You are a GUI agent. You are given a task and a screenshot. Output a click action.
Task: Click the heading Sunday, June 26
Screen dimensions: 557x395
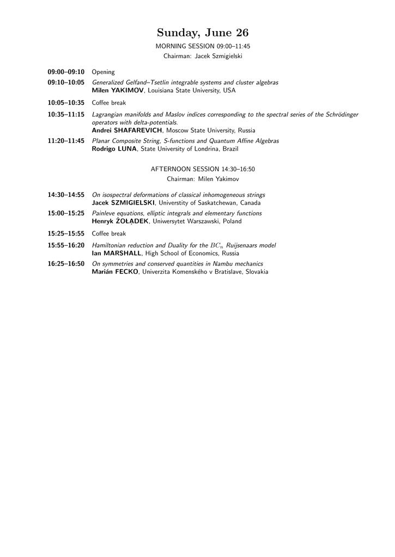pos(203,33)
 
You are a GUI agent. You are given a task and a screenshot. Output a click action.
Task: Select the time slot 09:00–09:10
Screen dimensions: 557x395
pos(66,72)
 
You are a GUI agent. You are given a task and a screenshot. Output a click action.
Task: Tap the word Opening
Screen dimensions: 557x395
pos(104,72)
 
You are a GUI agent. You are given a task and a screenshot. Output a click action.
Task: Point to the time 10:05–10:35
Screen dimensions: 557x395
pos(66,102)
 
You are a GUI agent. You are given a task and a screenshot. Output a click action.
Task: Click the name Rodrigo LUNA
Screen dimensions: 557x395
pos(114,148)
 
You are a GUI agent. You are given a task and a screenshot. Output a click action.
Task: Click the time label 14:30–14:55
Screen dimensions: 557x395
pos(66,195)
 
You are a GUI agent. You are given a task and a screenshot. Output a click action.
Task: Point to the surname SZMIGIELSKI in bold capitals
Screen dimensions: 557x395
pos(133,203)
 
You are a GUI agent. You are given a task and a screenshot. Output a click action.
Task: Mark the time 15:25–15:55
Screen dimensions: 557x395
pos(66,233)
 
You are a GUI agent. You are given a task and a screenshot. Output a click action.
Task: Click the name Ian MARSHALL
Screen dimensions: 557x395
pos(117,253)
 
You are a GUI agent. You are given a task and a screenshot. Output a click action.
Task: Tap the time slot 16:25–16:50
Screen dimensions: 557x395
pos(66,264)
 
